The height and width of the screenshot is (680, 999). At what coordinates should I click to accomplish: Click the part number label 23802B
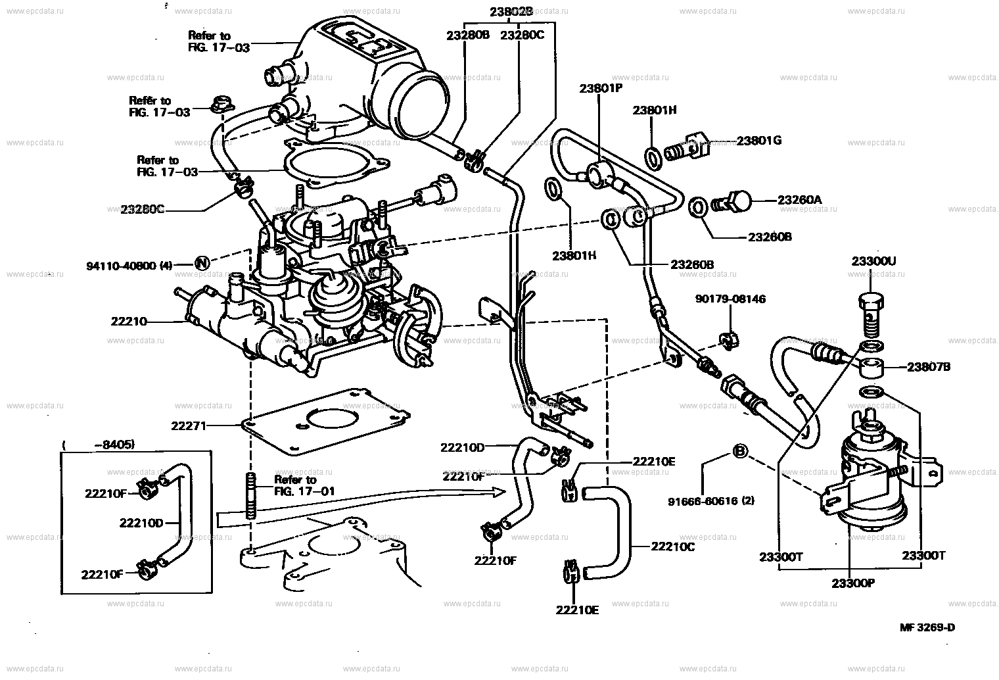pyautogui.click(x=511, y=11)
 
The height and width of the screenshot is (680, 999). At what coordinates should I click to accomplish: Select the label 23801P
pyautogui.click(x=600, y=88)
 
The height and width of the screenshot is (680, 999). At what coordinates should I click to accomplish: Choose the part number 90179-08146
pyautogui.click(x=730, y=299)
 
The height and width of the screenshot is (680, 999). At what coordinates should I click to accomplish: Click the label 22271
pyautogui.click(x=189, y=425)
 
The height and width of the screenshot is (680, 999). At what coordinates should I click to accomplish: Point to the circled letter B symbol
pyautogui.click(x=739, y=452)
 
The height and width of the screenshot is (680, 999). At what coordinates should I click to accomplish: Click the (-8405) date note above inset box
pyautogui.click(x=99, y=445)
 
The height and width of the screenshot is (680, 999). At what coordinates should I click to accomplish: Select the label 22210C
pyautogui.click(x=672, y=546)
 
